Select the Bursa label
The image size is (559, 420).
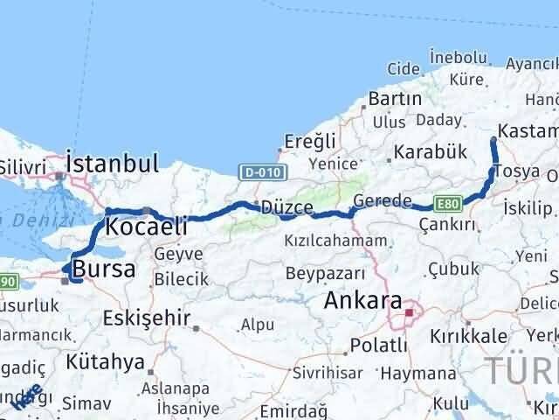click(x=104, y=269)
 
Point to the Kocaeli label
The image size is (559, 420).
click(x=146, y=227)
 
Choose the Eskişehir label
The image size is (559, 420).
click(x=146, y=316)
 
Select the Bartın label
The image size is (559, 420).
click(x=395, y=98)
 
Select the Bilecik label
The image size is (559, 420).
click(x=181, y=279)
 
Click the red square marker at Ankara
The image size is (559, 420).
click(x=409, y=311)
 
